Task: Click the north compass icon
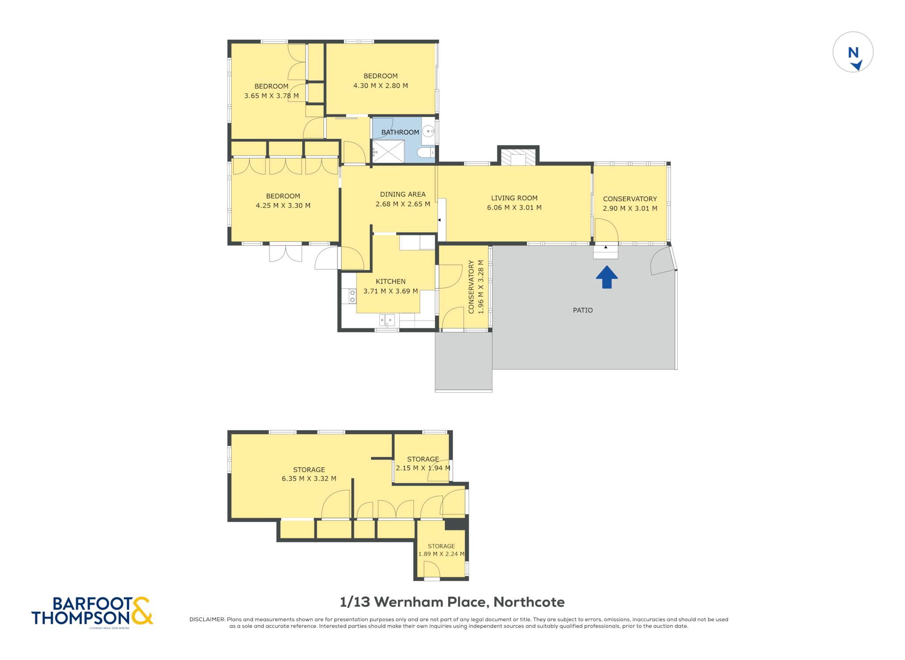(x=853, y=52)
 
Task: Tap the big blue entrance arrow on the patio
(x=607, y=277)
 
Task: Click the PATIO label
(x=583, y=310)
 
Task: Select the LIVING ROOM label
(x=514, y=198)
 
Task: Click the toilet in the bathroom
(x=426, y=153)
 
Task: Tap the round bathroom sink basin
(x=428, y=131)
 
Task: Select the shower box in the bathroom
(x=388, y=151)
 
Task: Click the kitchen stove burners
(x=352, y=296)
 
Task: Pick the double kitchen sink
(x=387, y=320)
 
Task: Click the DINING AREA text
(x=403, y=194)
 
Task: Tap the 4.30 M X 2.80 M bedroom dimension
(x=380, y=86)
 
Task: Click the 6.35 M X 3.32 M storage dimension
(x=309, y=478)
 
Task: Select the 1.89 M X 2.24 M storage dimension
(x=441, y=554)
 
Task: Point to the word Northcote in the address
(x=529, y=602)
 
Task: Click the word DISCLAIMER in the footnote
(x=207, y=619)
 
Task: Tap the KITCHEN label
(x=391, y=281)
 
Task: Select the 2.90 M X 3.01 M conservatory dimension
(x=630, y=209)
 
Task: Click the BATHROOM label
(x=400, y=132)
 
